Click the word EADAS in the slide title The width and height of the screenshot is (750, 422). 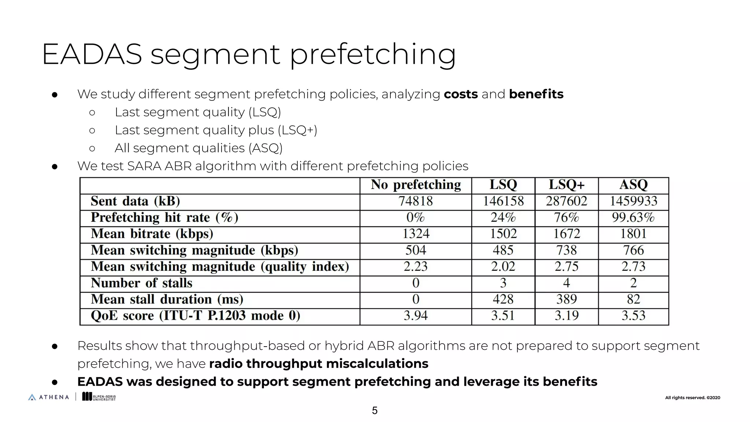(x=92, y=54)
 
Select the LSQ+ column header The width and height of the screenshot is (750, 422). (x=566, y=185)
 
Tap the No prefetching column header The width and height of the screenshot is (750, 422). (x=416, y=185)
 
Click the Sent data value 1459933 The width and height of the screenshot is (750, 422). (x=633, y=201)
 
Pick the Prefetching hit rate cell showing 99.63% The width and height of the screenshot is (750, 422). (x=633, y=218)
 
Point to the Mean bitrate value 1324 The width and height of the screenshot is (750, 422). (x=416, y=234)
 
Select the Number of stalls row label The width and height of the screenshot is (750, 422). (x=141, y=283)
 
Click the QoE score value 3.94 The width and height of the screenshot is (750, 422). (x=416, y=316)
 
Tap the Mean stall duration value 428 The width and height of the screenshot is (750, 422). (x=503, y=299)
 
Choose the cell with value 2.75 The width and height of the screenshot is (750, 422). (x=566, y=266)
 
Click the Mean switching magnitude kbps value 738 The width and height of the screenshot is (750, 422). (x=566, y=250)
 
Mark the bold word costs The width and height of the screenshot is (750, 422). (x=461, y=94)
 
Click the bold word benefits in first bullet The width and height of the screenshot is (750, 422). (x=536, y=94)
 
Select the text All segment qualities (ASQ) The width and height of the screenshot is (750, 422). (x=198, y=148)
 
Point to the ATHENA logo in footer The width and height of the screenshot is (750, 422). (x=49, y=397)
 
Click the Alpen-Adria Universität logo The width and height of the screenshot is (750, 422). (x=99, y=397)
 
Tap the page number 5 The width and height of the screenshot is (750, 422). (x=375, y=411)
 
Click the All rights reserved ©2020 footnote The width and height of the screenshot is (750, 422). (x=692, y=398)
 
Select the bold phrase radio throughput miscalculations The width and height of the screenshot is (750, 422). (x=319, y=364)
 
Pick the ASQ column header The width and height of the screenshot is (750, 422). (x=633, y=185)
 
